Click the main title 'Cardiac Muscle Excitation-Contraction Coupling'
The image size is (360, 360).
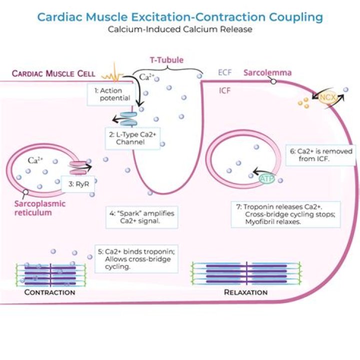coord(180,17)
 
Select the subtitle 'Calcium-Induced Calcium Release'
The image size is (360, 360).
coord(180,29)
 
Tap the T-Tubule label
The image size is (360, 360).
coord(166,60)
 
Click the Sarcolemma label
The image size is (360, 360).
coord(267,73)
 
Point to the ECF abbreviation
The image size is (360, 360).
coord(224,73)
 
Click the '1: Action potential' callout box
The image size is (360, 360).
coord(109,94)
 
